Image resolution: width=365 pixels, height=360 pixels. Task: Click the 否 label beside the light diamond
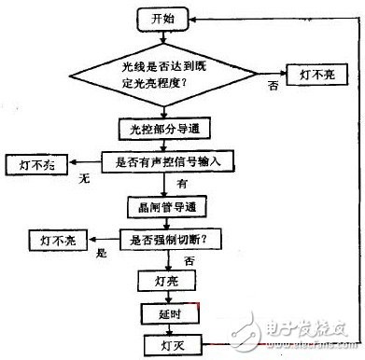pyautogui.click(x=274, y=86)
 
